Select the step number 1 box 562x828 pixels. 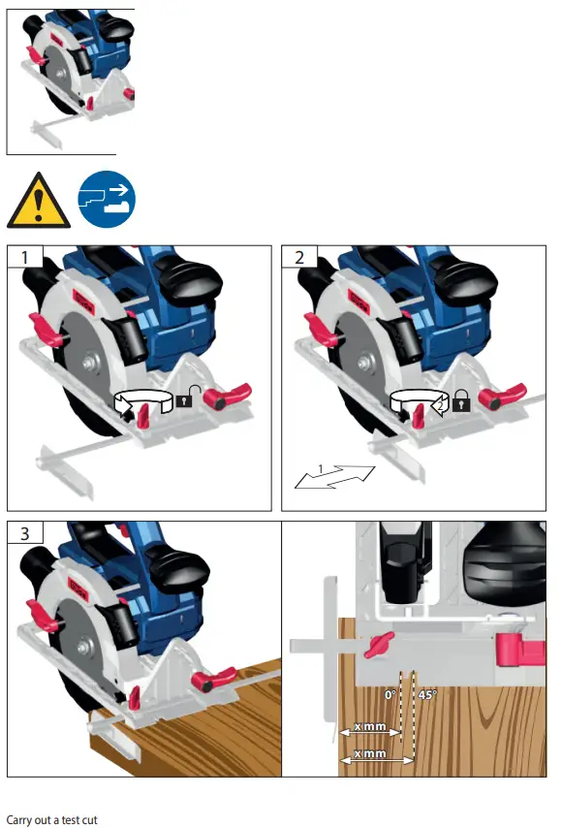point(21,256)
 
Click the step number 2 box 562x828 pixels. point(298,256)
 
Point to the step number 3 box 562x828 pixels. point(21,533)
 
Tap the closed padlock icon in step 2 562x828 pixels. point(462,399)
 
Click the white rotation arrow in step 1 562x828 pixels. point(140,401)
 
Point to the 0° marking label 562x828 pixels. point(390,694)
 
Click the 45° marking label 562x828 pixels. point(426,694)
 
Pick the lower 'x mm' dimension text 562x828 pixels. point(370,753)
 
